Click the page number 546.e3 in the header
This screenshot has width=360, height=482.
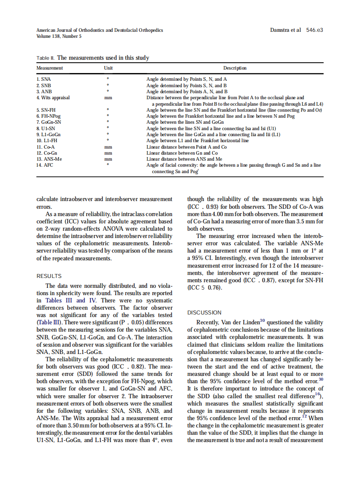(x=314, y=30)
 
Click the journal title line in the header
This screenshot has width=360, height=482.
(x=100, y=30)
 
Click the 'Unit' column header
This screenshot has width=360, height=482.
(x=108, y=68)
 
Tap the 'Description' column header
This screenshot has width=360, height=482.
(x=235, y=68)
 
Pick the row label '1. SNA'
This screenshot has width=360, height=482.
(x=43, y=79)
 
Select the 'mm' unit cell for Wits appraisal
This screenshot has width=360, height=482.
(x=108, y=98)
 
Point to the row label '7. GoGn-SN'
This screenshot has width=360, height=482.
(x=49, y=122)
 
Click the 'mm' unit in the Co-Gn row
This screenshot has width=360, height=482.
(x=108, y=153)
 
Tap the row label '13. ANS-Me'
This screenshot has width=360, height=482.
(x=49, y=159)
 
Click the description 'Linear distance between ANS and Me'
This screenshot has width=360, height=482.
(x=184, y=159)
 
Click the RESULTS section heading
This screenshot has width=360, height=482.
(x=49, y=276)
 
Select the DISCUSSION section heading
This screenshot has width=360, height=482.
(x=204, y=313)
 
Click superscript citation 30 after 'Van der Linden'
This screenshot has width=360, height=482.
(x=262, y=320)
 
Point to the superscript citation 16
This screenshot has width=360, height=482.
(x=317, y=394)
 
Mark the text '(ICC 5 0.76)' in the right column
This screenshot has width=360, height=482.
(x=205, y=287)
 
